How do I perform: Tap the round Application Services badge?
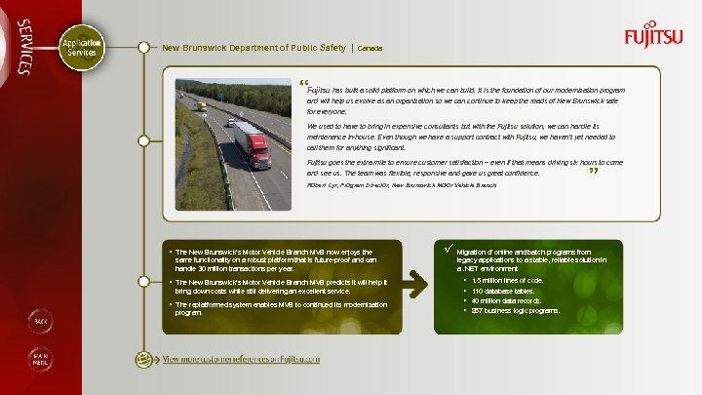coord(81,48)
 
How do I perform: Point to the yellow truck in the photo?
coord(201,105)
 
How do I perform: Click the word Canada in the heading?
coord(370,48)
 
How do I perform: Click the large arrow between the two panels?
coord(416,281)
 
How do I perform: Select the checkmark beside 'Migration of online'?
coord(448,248)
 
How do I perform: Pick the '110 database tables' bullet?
coord(502,291)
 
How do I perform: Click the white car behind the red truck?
coord(230,123)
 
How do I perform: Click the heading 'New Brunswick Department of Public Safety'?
coord(253,47)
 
